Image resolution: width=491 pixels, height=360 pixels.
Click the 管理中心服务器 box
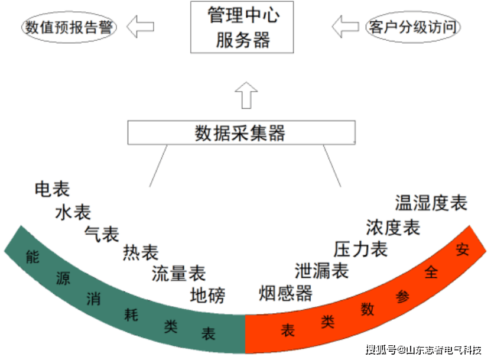click(x=242, y=27)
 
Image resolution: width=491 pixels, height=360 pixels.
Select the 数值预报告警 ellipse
click(x=69, y=27)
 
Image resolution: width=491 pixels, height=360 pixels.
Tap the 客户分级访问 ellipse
click(x=412, y=27)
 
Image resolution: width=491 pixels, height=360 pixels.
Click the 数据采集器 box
click(x=241, y=132)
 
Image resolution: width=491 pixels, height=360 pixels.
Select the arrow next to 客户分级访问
click(x=345, y=27)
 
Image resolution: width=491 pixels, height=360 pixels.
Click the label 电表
click(x=53, y=189)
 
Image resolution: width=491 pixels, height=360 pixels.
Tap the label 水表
click(x=73, y=212)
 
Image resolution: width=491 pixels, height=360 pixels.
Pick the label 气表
click(x=102, y=233)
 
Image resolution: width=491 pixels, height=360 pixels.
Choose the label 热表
click(x=141, y=253)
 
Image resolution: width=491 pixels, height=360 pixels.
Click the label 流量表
click(x=178, y=273)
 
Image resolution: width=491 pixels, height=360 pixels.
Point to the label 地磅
click(x=207, y=294)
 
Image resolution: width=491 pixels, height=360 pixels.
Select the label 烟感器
click(x=285, y=293)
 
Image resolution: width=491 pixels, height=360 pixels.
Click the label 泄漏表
click(x=321, y=271)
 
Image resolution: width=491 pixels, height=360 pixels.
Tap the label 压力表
click(x=360, y=249)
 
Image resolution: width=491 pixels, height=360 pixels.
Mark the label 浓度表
click(x=393, y=227)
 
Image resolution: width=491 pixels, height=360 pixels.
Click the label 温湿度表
click(x=431, y=203)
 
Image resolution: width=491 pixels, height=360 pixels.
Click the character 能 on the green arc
click(x=32, y=257)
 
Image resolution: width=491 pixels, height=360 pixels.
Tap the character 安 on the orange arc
click(x=462, y=249)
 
